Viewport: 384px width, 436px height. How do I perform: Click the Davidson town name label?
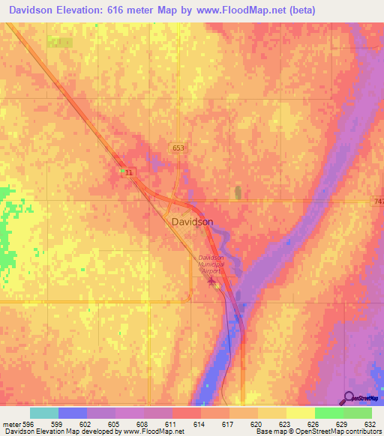pos(192,222)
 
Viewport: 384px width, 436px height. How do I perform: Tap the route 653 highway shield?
pos(178,148)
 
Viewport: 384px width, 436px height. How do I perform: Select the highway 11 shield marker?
pos(129,172)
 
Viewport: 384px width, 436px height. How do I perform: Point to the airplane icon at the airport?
pos(211,282)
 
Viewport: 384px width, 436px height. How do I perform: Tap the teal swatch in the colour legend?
pos(44,413)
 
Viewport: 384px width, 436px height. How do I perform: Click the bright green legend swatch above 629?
pos(328,413)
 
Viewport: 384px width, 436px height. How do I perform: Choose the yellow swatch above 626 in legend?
pos(300,413)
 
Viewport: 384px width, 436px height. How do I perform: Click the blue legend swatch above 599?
pos(73,413)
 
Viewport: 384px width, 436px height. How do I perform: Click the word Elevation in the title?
pos(88,10)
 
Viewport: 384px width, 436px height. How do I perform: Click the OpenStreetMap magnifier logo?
pos(349,398)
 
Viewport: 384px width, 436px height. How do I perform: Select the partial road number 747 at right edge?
pos(379,202)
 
